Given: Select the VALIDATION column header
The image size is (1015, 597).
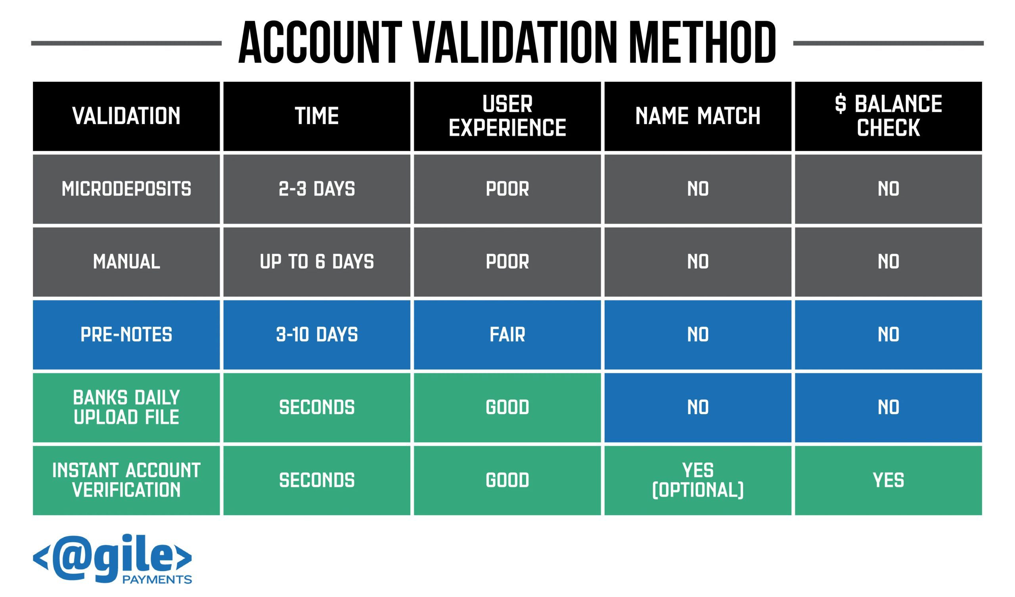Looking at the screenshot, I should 126,116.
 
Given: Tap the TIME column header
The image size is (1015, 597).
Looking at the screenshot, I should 316,116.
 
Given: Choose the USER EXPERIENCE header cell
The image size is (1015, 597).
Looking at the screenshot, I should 507,116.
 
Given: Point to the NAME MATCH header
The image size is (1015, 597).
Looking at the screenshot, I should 697,116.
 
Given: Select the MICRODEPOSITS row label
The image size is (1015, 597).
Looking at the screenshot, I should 126,189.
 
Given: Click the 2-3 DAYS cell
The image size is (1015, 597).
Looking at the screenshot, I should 316,189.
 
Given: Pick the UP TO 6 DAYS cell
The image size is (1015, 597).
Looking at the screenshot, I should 316,262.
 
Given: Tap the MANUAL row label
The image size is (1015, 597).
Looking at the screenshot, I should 126,262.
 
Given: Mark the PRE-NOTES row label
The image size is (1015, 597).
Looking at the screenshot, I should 126,334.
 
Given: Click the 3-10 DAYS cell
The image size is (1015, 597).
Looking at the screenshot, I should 316,334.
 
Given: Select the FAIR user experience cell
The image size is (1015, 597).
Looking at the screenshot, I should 507,334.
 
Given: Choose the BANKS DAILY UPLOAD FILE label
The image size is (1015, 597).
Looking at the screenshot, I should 126,407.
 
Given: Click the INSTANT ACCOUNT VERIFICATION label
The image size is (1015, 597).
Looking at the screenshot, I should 126,480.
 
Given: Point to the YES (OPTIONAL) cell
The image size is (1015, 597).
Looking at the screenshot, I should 697,480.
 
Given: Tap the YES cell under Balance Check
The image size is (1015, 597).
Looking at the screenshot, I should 888,480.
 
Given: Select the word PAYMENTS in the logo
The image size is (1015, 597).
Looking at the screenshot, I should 157,580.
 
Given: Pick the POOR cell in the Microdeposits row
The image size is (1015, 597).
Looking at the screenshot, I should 507,189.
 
